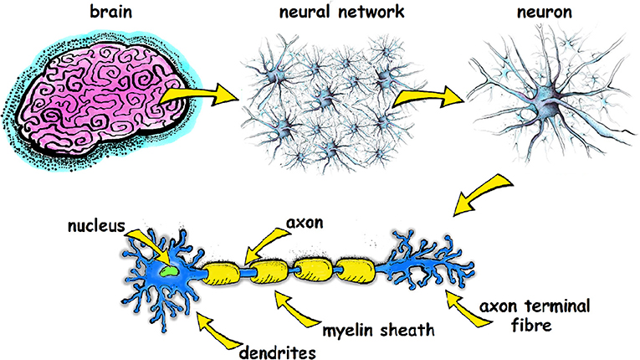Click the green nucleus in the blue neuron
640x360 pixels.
(x=169, y=270)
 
